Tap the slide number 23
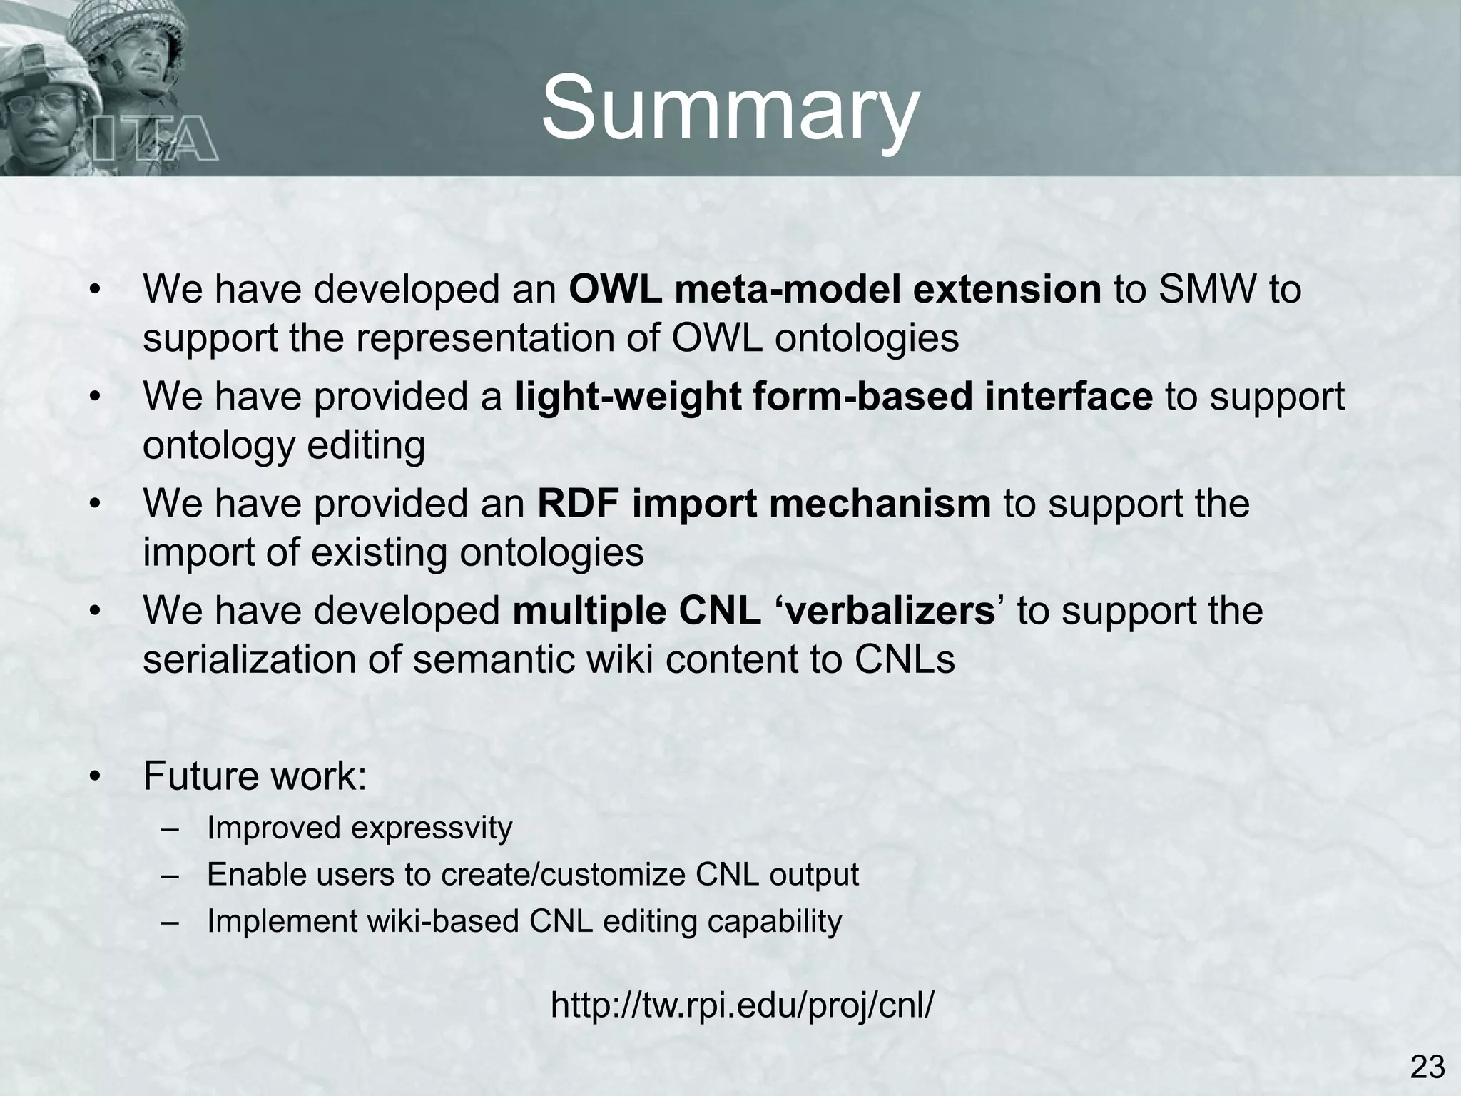(x=1427, y=1068)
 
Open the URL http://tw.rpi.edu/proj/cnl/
(x=742, y=1005)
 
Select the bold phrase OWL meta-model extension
(x=835, y=290)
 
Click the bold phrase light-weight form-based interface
(x=833, y=397)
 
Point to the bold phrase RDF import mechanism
(x=763, y=504)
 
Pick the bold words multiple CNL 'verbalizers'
(x=753, y=611)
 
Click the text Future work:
(x=255, y=776)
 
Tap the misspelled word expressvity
(x=431, y=828)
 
